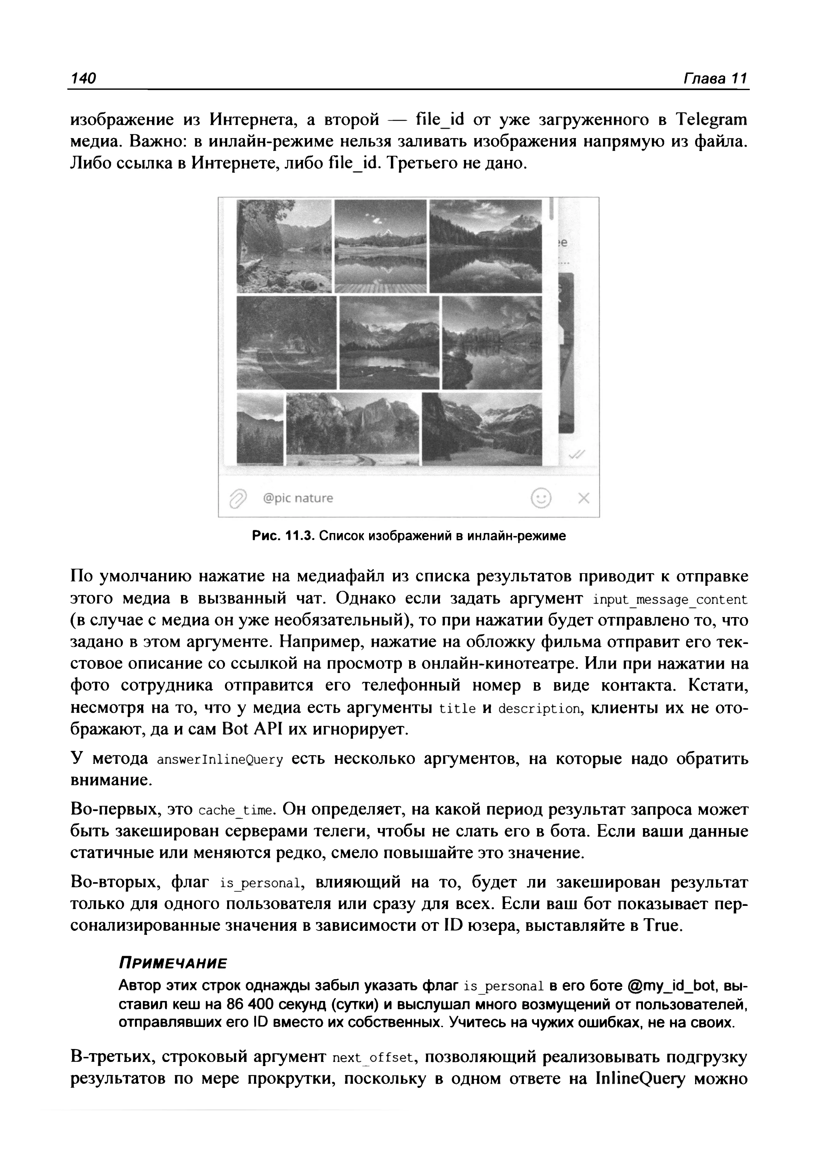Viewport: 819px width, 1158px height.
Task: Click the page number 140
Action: click(84, 79)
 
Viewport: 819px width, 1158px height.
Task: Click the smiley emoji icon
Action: click(541, 498)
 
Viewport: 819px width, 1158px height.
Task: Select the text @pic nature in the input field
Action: click(298, 498)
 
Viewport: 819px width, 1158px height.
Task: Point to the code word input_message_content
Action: click(670, 600)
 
